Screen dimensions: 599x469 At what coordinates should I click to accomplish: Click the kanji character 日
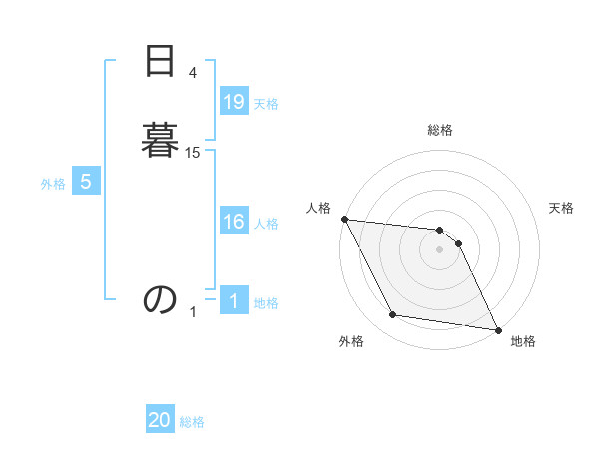pos(160,62)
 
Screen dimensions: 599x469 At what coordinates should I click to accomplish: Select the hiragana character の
pos(160,298)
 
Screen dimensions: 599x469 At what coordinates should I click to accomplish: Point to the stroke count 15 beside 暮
pos(193,152)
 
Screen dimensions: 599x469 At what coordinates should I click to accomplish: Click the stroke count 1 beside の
pos(193,312)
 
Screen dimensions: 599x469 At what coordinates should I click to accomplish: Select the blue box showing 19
pos(234,102)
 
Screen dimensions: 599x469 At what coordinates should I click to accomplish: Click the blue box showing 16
pos(234,222)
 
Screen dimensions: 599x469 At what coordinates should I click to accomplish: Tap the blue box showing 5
pos(86,182)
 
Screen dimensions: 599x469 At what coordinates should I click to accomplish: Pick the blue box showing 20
pos(160,421)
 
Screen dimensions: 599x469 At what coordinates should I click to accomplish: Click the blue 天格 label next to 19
pos(266,104)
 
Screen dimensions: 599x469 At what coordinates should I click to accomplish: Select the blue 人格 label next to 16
pos(266,224)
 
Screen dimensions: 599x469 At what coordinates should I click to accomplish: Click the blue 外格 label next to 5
pos(53,184)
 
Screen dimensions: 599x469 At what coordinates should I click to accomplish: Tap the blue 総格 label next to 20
pos(192,423)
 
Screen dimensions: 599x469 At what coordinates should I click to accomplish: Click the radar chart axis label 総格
pos(440,130)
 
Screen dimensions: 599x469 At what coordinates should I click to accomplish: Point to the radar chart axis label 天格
pos(561,208)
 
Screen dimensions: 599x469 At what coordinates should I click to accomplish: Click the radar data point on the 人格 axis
pos(344,219)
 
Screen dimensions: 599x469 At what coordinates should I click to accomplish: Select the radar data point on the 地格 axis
pos(497,328)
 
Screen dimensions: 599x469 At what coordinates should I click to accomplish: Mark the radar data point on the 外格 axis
pos(393,315)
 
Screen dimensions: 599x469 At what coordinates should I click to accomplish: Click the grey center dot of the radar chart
pos(440,249)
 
